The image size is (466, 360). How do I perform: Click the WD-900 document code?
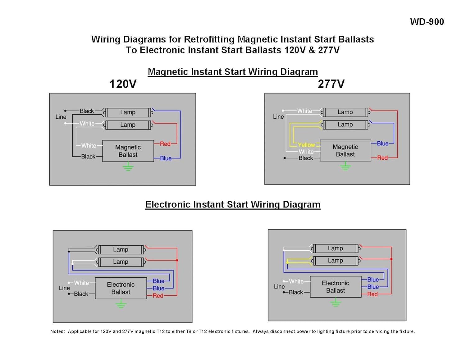coord(427,22)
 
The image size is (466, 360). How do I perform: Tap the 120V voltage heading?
coord(123,84)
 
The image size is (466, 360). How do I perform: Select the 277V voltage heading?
coord(331,84)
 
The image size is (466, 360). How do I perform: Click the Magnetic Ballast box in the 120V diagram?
coord(128,151)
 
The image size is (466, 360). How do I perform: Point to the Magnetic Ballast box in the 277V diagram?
coord(345,151)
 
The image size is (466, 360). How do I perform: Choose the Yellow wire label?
coord(306,145)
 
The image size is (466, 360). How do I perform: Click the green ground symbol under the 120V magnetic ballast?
coord(128,166)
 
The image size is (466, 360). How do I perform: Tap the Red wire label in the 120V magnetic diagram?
coord(165,144)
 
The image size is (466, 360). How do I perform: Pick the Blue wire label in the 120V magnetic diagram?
coord(166,158)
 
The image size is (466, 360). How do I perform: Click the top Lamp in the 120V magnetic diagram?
coord(128,112)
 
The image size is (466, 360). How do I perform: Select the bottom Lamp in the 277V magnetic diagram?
coord(345,125)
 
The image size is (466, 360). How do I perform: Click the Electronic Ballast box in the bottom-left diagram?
coord(121,288)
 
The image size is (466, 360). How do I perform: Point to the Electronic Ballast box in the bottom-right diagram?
coord(336,287)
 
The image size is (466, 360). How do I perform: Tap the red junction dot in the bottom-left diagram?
coord(177,260)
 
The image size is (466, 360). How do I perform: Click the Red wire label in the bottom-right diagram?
coord(372,294)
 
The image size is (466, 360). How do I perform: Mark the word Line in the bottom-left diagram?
coord(64,288)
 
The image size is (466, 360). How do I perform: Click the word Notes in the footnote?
coord(57,331)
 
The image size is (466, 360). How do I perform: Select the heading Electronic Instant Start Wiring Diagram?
coord(233,205)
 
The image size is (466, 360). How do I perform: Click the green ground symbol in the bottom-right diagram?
coord(336,302)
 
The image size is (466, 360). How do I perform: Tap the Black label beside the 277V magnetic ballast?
coord(306,158)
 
